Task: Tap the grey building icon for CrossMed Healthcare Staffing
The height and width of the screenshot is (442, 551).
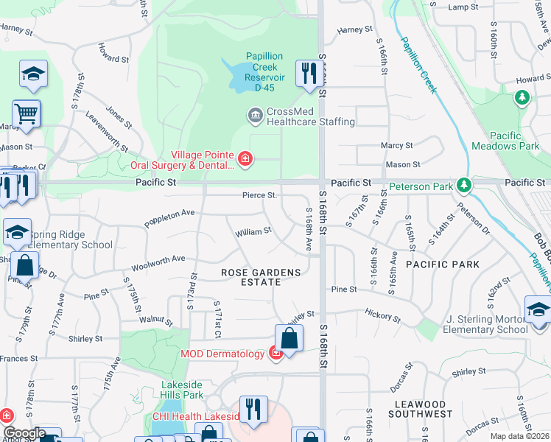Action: click(x=255, y=114)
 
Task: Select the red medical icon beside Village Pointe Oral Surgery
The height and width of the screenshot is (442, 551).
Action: click(x=245, y=158)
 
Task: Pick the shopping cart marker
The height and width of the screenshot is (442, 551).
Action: click(x=26, y=113)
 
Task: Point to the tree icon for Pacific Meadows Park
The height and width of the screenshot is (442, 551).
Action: click(x=522, y=97)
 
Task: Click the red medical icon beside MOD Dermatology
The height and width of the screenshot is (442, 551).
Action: click(x=275, y=354)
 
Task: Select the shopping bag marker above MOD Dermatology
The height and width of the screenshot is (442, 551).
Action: click(x=289, y=339)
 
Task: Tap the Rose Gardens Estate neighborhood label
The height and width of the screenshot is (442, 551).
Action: click(x=262, y=278)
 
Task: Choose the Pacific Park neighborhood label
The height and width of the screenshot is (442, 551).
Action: click(x=442, y=264)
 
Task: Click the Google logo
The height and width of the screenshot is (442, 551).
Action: click(x=24, y=433)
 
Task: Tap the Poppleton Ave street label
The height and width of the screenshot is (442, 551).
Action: click(x=169, y=217)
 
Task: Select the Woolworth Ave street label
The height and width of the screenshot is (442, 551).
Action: click(x=158, y=263)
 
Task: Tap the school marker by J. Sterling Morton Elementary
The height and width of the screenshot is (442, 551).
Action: click(x=538, y=309)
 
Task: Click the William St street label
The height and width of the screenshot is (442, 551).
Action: click(x=253, y=232)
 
